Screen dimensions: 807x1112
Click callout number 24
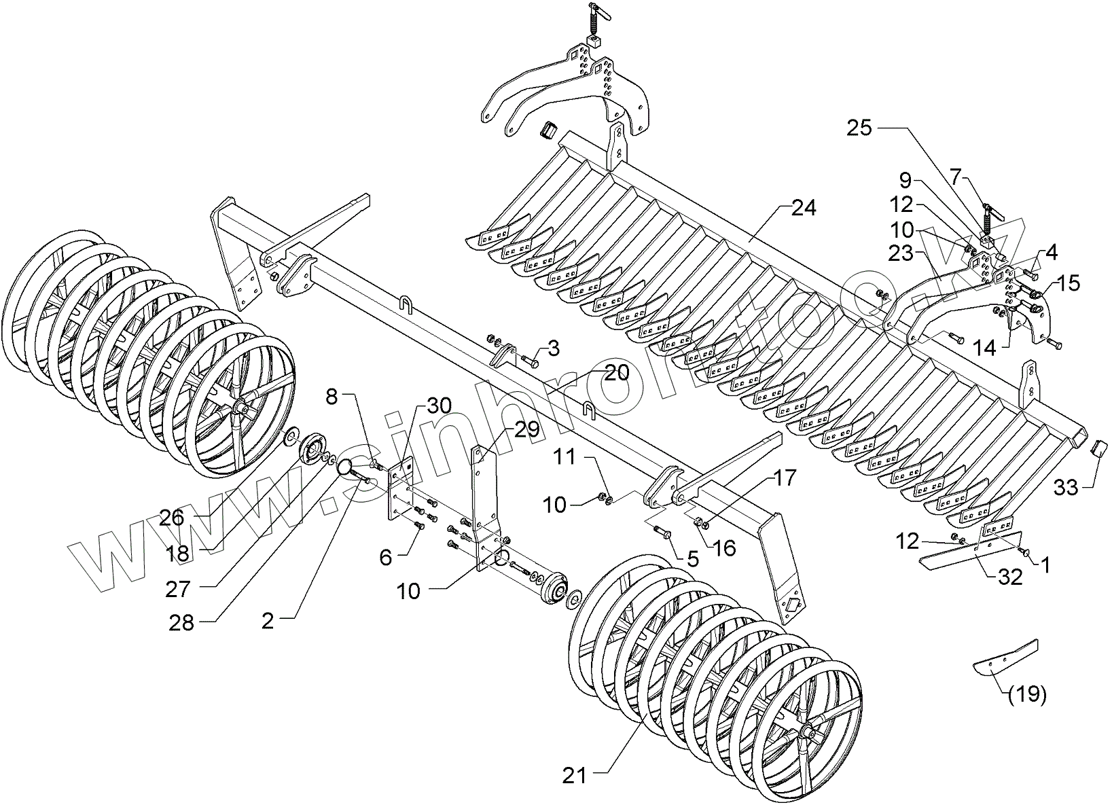[803, 209]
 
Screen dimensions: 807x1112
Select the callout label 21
[575, 775]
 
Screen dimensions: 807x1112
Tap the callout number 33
[1066, 487]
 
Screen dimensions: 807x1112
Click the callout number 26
[172, 518]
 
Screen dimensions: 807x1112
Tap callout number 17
[784, 479]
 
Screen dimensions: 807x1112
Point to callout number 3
[554, 348]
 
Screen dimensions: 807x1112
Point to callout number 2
[268, 621]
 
